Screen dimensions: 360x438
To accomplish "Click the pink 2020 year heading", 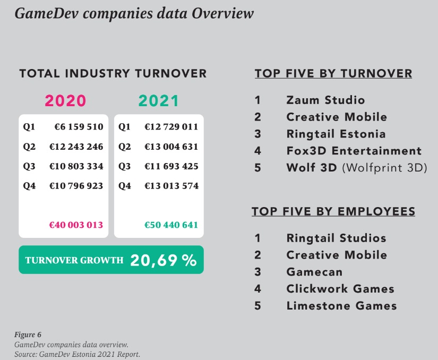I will tap(65, 101).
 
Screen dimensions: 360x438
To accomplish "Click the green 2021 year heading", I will tap(159, 101).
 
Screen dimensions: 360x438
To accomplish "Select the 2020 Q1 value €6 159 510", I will tap(79, 127).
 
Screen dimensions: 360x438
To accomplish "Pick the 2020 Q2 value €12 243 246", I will tap(76, 147).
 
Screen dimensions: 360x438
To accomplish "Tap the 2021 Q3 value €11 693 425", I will tap(171, 166).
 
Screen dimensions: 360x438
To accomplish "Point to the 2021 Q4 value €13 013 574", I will tap(171, 186).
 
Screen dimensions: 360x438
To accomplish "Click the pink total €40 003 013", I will tap(76, 225).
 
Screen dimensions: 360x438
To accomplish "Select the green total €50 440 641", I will tap(171, 225).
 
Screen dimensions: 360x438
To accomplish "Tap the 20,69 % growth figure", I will tap(163, 260).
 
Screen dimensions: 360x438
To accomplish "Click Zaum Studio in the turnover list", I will tap(325, 100).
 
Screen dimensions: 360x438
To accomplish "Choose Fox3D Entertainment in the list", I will tap(354, 151).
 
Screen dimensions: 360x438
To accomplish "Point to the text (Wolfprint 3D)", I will tap(384, 168).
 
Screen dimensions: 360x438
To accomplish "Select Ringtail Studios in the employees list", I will tap(336, 238).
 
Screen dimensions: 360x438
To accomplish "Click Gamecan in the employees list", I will tap(314, 272).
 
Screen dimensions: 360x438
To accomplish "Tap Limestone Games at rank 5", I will tap(341, 305).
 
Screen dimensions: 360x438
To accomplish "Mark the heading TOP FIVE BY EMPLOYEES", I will tap(333, 212).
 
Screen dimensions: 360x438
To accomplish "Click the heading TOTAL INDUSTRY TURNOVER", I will tap(113, 74).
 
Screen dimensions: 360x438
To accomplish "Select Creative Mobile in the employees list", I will tap(337, 255).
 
